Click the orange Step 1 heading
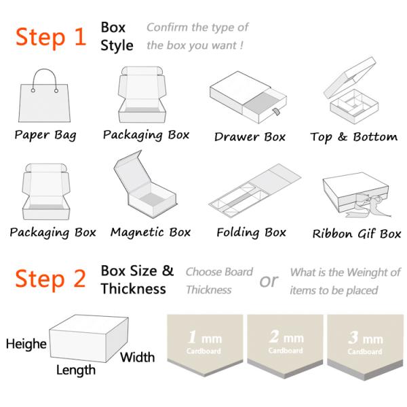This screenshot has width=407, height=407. click(x=51, y=37)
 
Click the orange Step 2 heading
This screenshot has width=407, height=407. click(x=50, y=279)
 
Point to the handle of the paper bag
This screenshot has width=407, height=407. click(x=44, y=71)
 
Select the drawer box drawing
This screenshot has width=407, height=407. click(x=248, y=97)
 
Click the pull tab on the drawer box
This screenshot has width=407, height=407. click(x=275, y=113)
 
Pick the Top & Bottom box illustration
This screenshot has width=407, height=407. click(x=351, y=90)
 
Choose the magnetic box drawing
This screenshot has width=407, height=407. click(x=145, y=185)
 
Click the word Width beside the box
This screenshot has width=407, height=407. click(x=137, y=357)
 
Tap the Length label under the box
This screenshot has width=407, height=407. click(x=76, y=370)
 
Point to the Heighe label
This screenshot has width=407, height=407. click(x=26, y=344)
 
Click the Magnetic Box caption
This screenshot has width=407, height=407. click(x=151, y=232)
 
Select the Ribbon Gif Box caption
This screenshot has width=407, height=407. click(x=357, y=233)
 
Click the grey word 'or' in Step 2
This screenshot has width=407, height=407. click(x=269, y=281)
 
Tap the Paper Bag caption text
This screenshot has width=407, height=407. click(x=45, y=135)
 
